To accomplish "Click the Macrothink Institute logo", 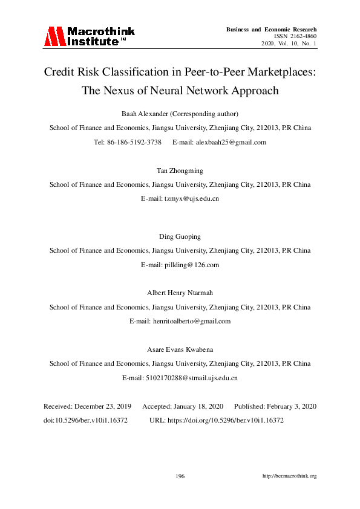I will (x=88, y=36).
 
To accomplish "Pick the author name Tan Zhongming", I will (x=180, y=171).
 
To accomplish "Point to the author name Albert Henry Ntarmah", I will (x=180, y=293).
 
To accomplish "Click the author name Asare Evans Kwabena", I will (x=180, y=349).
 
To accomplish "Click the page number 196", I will (x=180, y=476).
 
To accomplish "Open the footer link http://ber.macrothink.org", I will (x=289, y=476).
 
